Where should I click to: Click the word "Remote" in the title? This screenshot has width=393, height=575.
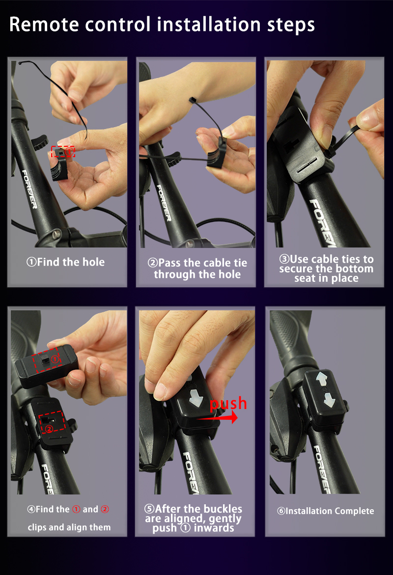44,25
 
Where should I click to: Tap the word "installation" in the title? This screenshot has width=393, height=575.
209,24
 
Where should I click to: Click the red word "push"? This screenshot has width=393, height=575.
228,404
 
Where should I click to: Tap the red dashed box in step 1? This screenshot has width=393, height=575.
63,151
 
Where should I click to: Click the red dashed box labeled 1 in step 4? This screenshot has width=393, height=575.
46,359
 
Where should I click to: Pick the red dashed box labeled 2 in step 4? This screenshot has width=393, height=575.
52,422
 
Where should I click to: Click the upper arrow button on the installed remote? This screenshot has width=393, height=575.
322,379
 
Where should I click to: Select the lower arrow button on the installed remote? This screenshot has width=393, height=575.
329,400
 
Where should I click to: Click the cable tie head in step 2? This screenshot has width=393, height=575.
192,100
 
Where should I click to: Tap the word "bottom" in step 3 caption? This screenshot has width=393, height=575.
353,269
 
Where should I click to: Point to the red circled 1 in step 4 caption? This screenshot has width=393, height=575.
76,509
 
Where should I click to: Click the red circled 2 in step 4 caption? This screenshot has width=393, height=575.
105,509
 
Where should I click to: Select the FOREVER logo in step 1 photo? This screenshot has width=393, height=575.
29,189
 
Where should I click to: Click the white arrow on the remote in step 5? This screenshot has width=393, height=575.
196,398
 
